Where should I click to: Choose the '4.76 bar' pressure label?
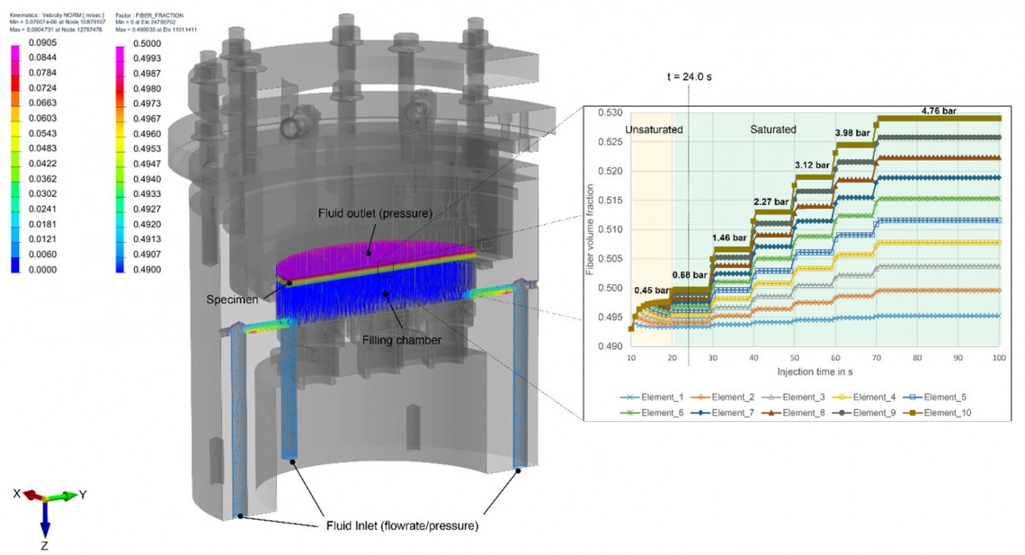[x=938, y=111]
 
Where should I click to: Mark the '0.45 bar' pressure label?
[x=651, y=290]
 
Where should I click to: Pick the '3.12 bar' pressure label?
[x=814, y=165]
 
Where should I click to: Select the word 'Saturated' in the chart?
[x=773, y=130]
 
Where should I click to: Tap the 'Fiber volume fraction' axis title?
[x=591, y=230]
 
